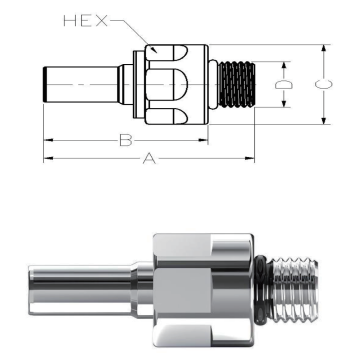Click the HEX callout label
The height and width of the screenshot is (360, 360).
coord(86,21)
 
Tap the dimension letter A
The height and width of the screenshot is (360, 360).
coord(149,158)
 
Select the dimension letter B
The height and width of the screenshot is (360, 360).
coord(126,140)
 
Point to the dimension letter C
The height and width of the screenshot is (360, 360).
coord(323,84)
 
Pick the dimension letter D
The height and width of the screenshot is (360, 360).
coord(284,84)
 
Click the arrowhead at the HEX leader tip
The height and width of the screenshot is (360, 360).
coord(154,50)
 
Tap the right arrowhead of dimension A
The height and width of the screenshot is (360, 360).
coord(250,158)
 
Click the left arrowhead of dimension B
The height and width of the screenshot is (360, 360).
coord(49,140)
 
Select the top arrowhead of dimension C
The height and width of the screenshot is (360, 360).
coord(323,49)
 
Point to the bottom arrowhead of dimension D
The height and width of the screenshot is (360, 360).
coord(284,102)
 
